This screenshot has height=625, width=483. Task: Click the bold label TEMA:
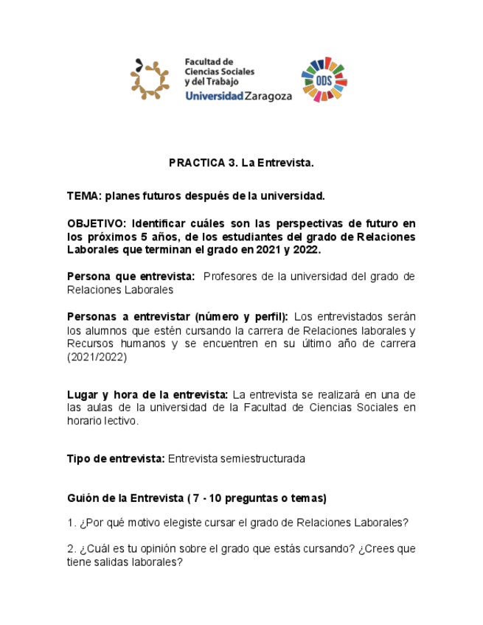coord(84,197)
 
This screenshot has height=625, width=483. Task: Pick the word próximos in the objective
coord(112,237)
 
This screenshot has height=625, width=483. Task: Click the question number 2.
coord(71,549)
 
